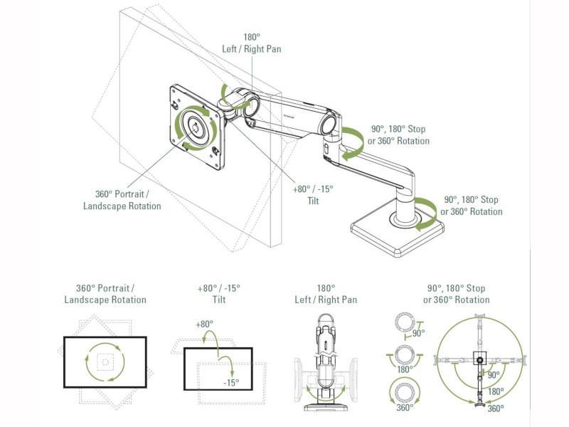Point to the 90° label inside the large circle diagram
point(493,375)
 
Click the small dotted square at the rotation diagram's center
point(105,362)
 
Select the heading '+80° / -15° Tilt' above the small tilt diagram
point(218,294)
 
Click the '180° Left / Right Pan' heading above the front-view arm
point(326,294)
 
